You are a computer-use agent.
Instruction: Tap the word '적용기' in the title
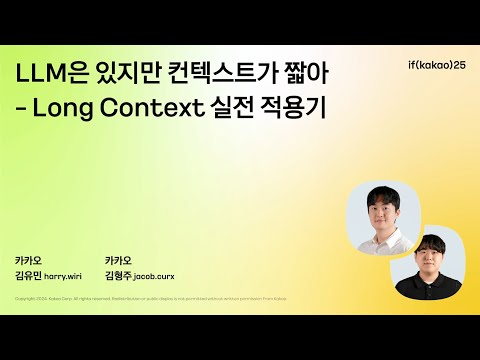tap(297, 107)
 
